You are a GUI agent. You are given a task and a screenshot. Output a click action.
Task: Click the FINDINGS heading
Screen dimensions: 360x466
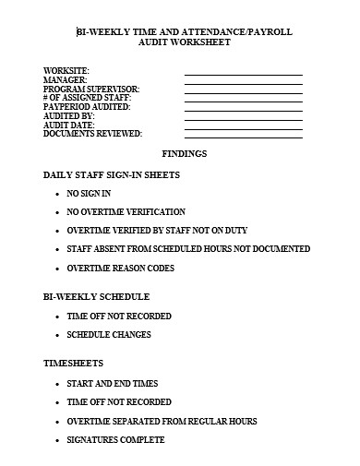coord(185,153)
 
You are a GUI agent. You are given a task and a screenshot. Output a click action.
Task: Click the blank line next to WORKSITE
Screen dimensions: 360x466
coord(243,73)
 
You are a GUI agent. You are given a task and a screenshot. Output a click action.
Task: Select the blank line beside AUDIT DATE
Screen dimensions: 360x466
coord(243,126)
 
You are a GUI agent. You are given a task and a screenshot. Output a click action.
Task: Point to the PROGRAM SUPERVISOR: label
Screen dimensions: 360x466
coord(92,90)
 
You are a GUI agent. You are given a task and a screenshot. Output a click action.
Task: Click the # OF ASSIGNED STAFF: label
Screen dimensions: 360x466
coord(87,99)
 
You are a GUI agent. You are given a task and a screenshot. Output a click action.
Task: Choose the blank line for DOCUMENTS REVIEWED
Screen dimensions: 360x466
coord(243,136)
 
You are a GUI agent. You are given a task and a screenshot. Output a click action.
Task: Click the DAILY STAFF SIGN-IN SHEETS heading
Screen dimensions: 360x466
coord(112,174)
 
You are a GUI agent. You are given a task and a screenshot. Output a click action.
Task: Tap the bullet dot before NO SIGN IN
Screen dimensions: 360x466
coord(59,194)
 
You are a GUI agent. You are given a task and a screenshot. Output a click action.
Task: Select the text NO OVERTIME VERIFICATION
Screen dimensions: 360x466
coord(126,212)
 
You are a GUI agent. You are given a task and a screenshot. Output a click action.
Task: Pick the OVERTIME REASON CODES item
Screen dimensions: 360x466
coord(120,269)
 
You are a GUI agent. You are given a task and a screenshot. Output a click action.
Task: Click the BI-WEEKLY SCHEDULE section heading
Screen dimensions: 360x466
coord(96,297)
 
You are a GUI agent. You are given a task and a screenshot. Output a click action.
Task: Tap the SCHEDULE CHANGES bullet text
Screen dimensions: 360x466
coord(109,335)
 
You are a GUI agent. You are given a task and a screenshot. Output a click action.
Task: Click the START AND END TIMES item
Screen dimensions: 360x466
coord(112,383)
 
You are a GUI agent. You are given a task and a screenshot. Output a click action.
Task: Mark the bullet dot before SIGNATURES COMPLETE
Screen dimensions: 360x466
coord(59,440)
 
